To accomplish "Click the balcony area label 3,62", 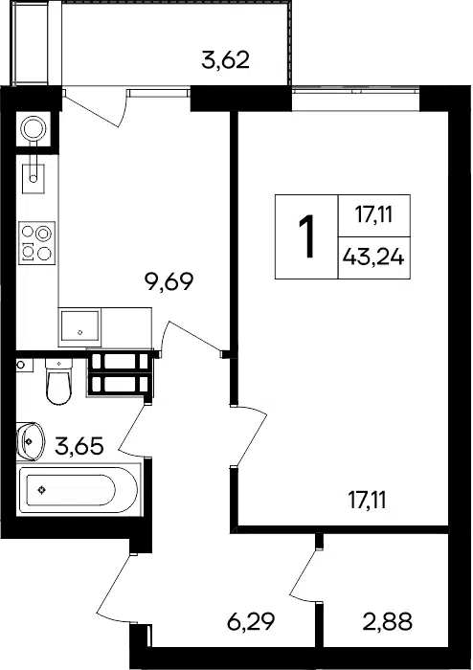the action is pyautogui.click(x=225, y=59).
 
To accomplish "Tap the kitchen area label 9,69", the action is pyautogui.click(x=169, y=281).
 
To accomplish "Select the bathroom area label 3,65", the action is pyautogui.click(x=79, y=446).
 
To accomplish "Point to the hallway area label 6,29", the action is pyautogui.click(x=251, y=622).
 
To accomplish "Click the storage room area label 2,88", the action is pyautogui.click(x=388, y=622).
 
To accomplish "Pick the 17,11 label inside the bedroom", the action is pyautogui.click(x=368, y=500).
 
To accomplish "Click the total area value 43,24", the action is pyautogui.click(x=373, y=257).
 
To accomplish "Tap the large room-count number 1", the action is pyautogui.click(x=306, y=236).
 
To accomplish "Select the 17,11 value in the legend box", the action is pyautogui.click(x=373, y=214).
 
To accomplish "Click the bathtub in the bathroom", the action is pyautogui.click(x=79, y=490).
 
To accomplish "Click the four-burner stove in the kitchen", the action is pyautogui.click(x=36, y=243).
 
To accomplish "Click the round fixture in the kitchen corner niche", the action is pyautogui.click(x=34, y=127).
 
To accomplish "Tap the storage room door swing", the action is pyautogui.click(x=304, y=575).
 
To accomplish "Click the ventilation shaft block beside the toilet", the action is pyautogui.click(x=120, y=373).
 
